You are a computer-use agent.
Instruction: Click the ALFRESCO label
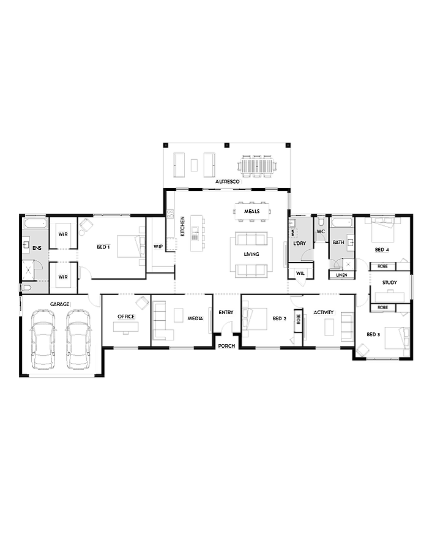coord(228,182)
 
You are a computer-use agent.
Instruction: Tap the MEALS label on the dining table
coord(252,211)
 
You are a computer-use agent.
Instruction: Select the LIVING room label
coord(251,254)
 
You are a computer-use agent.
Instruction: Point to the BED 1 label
coord(103,247)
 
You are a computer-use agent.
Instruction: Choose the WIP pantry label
coord(158,247)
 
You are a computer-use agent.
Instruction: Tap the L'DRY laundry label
coord(299,243)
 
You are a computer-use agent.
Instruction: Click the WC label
coord(321,231)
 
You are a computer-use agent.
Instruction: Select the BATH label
coord(338,242)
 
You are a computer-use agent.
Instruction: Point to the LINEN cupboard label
coord(341,275)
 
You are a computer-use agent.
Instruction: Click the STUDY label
coord(390,283)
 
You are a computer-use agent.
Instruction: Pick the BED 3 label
coord(373,335)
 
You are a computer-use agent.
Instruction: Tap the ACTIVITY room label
coord(324,313)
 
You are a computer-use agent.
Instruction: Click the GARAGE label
coord(60,304)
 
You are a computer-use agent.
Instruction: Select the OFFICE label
coord(126,317)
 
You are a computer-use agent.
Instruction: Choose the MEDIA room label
coord(195,318)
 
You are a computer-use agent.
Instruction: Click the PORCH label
coord(226,346)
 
